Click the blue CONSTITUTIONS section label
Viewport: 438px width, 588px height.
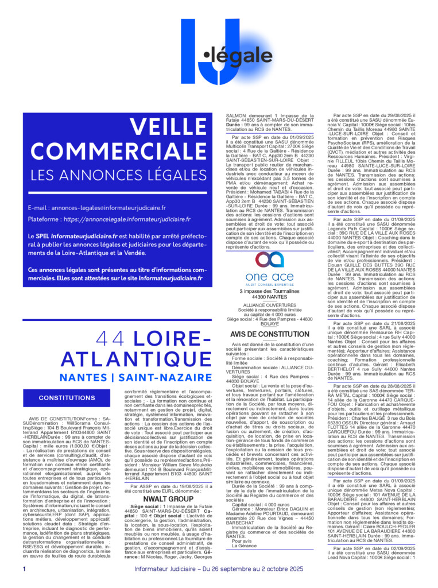tap(67, 397)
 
